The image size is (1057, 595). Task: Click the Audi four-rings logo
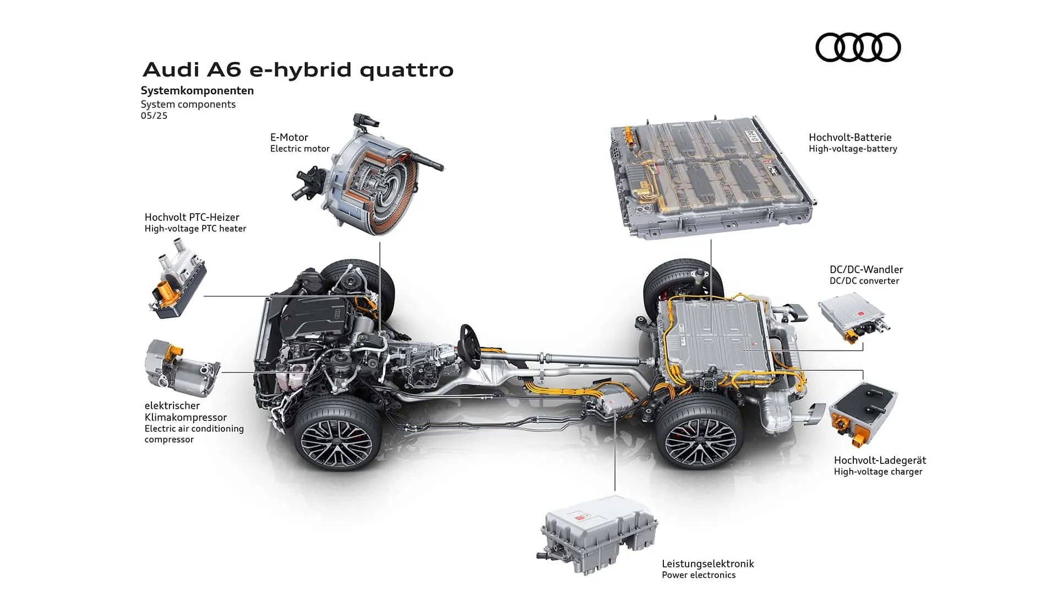tap(858, 47)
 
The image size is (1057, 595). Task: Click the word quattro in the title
tap(407, 70)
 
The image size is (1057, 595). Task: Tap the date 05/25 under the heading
tap(154, 116)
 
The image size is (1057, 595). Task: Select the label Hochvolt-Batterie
tap(850, 137)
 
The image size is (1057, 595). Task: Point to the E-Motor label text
tap(289, 137)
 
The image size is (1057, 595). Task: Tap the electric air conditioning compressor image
tap(182, 368)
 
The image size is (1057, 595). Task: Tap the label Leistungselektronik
tap(708, 564)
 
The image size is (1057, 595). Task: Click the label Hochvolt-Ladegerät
tap(880, 460)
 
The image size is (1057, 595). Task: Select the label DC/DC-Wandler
tap(866, 269)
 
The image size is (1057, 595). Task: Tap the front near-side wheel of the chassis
tap(338, 431)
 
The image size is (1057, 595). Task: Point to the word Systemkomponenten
tap(197, 90)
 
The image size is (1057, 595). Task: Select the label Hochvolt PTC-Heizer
tap(192, 217)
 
